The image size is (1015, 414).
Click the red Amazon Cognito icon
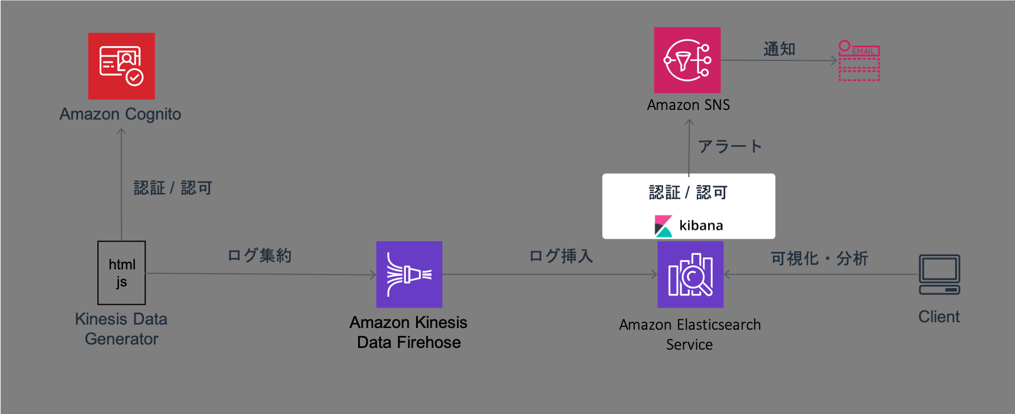121,66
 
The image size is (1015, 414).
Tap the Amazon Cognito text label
121,114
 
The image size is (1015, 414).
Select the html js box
121,273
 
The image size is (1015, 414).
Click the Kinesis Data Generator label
121,329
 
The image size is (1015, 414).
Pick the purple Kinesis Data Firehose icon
409,274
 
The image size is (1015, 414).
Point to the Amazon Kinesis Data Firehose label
409,332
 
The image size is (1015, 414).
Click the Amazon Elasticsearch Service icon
691,274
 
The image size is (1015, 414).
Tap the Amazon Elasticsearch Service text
690,334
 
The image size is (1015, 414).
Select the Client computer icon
939,274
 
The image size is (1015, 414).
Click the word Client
939,317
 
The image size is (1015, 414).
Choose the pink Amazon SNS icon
687,60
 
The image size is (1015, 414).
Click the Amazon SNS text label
688,105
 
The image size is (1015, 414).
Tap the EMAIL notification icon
859,60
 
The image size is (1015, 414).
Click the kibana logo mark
663,226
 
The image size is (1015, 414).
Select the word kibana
701,226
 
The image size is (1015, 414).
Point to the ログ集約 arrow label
260,255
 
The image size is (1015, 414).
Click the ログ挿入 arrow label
561,256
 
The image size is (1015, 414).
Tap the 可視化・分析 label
819,259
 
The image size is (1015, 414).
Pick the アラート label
730,146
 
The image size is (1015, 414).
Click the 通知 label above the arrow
779,49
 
